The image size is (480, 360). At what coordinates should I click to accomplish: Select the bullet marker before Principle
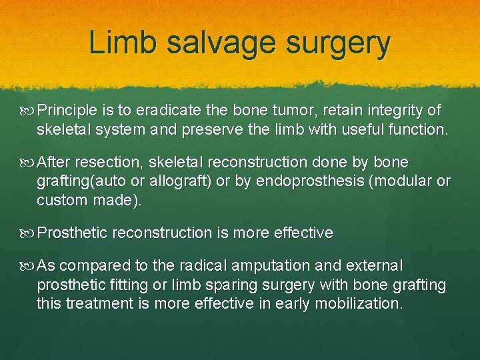click(28, 110)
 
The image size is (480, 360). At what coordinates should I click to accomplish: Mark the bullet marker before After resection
click(28, 163)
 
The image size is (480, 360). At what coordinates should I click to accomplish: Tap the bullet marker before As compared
click(28, 266)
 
